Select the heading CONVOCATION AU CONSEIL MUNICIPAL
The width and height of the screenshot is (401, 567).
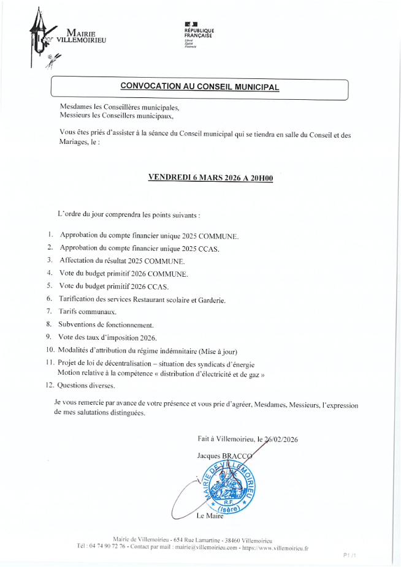[199, 87]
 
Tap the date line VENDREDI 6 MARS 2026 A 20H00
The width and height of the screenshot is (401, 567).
[210, 178]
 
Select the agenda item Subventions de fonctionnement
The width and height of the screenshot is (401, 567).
[106, 325]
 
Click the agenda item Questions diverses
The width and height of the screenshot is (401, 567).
[86, 386]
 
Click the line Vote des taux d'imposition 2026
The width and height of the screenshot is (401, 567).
[108, 337]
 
